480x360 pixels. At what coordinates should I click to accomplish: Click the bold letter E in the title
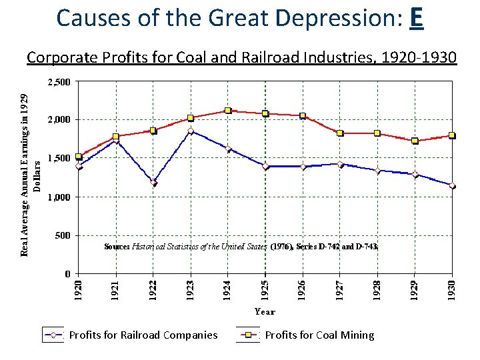pos(415,18)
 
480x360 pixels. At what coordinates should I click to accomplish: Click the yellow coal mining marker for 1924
pos(228,111)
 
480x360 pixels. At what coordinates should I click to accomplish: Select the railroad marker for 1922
pos(153,182)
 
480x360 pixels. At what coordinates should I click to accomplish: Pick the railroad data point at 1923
pos(191,131)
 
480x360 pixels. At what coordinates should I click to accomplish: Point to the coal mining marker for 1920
pos(79,157)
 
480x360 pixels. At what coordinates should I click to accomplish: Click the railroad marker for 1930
pos(452,186)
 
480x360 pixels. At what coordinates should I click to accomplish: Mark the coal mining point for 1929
pos(415,141)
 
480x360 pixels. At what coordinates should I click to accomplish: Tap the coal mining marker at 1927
pos(340,133)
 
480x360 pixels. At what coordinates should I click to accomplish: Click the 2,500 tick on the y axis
pos(58,83)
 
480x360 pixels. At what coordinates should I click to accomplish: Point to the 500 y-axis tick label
pos(63,235)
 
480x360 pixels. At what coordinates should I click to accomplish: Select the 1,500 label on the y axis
pos(58,159)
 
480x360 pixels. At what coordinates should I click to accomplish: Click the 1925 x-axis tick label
pos(265,289)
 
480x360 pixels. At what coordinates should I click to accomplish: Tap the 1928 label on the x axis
pos(377,289)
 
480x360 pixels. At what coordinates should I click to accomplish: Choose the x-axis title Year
pos(265,311)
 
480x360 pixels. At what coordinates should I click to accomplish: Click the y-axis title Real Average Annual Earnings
pos(25,175)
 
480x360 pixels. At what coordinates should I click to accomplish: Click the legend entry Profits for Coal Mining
pos(319,335)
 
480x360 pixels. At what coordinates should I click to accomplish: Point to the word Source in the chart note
pos(117,246)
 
